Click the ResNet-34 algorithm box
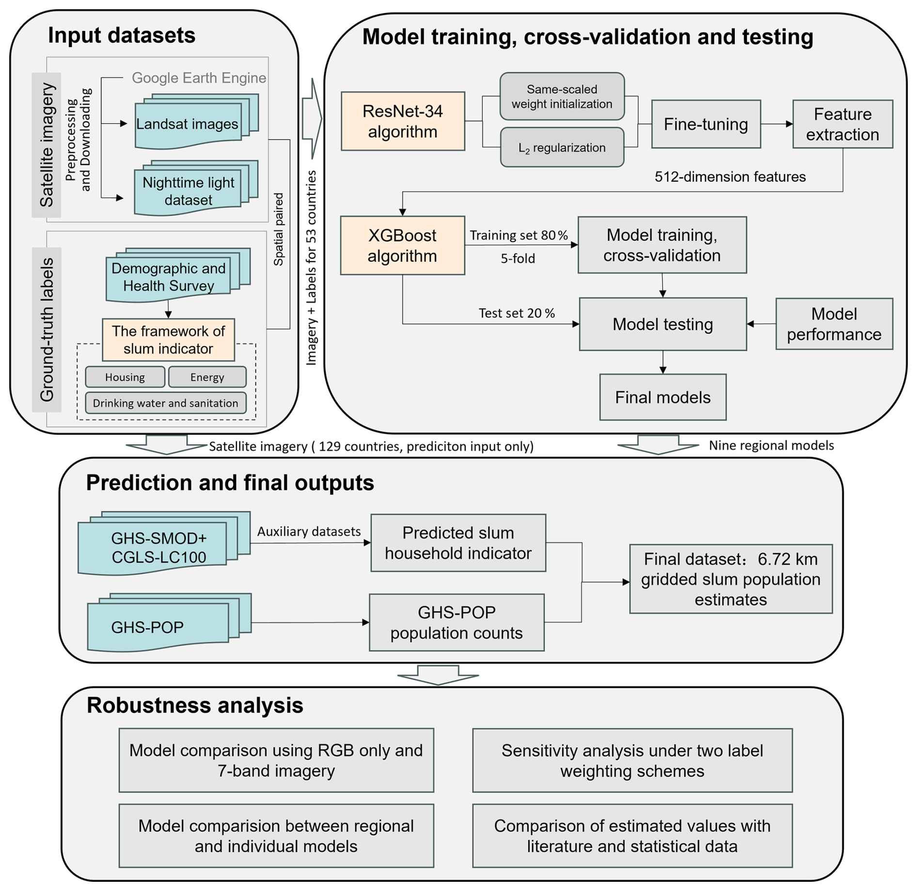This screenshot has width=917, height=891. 403,121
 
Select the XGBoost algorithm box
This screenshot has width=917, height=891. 402,245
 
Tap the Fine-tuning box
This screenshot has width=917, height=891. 706,124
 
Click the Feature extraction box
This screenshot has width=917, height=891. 842,124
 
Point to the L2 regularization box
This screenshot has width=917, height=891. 562,147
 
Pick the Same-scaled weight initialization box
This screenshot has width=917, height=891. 562,96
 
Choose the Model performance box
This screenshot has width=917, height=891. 834,324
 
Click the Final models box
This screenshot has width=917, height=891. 663,397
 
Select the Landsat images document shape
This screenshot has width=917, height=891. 196,122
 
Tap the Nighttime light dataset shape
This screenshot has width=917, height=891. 196,189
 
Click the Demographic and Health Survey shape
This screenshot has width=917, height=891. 178,275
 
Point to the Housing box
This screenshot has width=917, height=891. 125,377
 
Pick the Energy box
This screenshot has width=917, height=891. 207,377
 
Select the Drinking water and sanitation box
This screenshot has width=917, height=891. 165,403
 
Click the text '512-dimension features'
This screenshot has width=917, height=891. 730,176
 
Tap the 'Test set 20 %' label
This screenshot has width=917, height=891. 517,313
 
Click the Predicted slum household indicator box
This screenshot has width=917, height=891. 458,543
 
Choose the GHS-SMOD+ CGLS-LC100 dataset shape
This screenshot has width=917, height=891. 164,543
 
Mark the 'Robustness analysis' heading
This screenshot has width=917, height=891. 195,705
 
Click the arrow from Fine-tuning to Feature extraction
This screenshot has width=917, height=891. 777,124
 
